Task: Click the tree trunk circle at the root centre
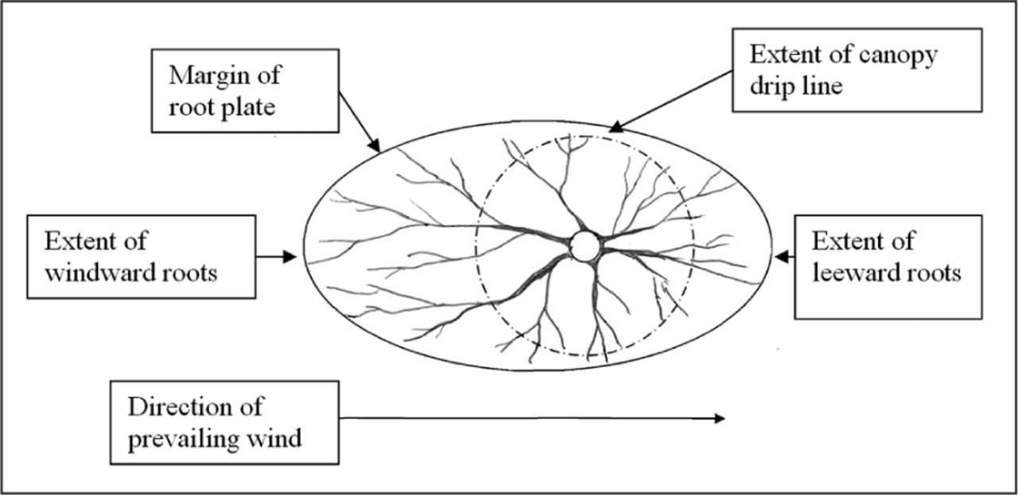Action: (586, 246)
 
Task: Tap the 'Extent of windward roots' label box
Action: (141, 256)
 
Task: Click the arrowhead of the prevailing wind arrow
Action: (720, 418)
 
